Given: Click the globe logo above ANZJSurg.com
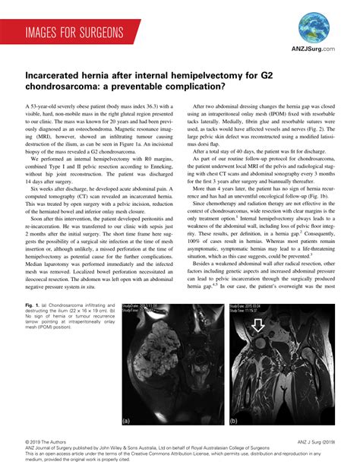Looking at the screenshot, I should (314, 27).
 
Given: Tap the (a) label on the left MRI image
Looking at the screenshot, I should (125, 419).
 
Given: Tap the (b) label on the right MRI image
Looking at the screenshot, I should (234, 419).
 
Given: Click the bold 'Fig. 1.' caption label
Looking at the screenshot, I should (33, 306).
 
